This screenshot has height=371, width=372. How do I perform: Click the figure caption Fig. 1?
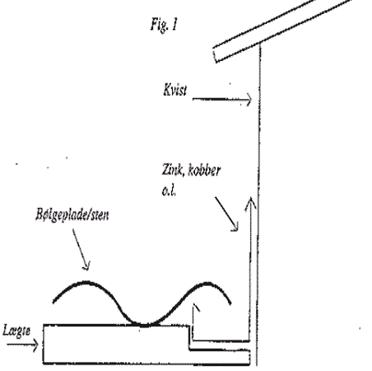pos(164,25)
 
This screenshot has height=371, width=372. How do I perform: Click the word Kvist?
pos(174,90)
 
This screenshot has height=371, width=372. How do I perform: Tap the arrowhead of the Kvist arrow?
pos(249,100)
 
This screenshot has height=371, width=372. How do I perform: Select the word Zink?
pos(171,170)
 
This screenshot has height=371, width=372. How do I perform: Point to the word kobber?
pos(204,170)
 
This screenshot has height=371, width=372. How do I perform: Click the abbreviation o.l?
pos(169,190)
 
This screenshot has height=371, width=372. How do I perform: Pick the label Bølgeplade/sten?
pos(72,214)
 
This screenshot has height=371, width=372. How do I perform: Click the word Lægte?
pos(16,331)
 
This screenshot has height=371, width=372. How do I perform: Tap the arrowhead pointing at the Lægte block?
pos(35,345)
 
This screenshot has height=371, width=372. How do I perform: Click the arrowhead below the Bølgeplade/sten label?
pos(86,266)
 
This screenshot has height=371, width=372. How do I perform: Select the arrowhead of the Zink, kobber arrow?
pos(235,227)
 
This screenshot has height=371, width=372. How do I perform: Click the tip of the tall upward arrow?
pos(250,197)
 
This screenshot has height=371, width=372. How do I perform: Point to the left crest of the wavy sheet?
pos(85,282)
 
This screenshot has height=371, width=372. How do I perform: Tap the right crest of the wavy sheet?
pos(207,283)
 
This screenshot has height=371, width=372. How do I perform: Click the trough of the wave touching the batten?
pos(145,325)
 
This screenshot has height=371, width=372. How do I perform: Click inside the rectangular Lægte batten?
pos(115,344)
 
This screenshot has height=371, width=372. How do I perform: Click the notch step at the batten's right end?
pos(189,338)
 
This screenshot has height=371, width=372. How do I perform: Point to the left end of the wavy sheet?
pos(53,302)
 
